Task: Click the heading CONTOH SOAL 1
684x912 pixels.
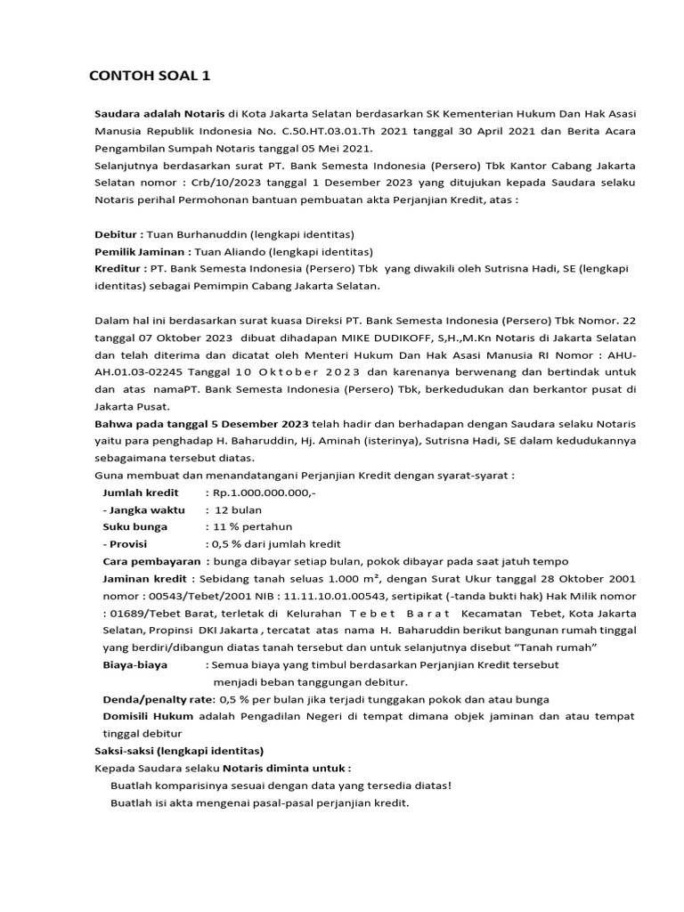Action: click(151, 76)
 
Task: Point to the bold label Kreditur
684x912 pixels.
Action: click(119, 269)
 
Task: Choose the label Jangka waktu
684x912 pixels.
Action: click(146, 509)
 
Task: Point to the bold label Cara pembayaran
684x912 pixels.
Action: click(152, 561)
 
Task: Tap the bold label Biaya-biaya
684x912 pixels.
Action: click(134, 664)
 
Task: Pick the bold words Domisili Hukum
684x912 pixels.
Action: click(150, 716)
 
